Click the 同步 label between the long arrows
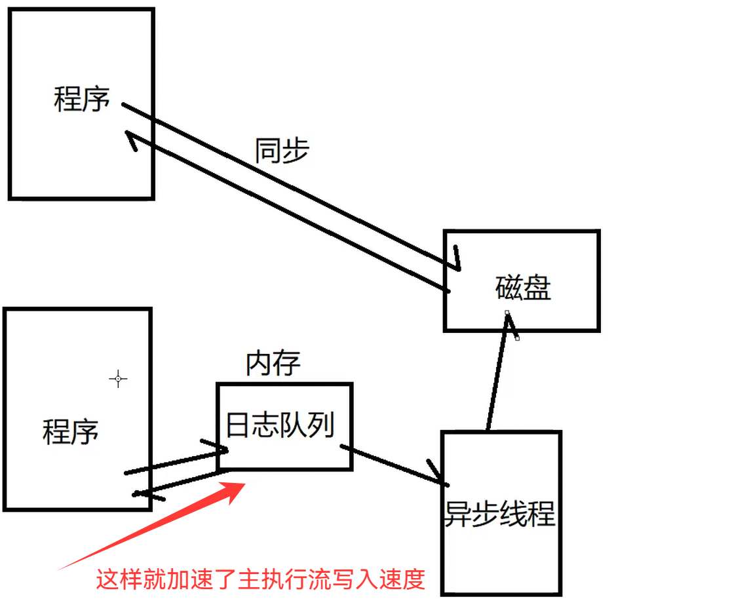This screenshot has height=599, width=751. point(281,151)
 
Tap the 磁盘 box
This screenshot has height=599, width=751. point(522,280)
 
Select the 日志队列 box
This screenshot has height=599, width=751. point(284,427)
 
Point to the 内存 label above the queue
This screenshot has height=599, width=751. point(273,364)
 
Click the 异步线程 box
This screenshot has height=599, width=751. point(501,513)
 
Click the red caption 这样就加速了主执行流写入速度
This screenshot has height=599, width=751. point(261,579)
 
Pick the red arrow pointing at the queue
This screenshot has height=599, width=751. point(157,524)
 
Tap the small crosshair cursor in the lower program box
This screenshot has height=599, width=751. point(118,378)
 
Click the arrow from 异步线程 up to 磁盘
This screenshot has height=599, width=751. point(497,374)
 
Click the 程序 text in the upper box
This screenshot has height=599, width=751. point(82,100)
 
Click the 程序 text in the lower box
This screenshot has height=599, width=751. point(71,433)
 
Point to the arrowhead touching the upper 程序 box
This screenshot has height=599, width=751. point(130,139)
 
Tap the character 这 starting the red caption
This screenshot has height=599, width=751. point(107,579)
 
